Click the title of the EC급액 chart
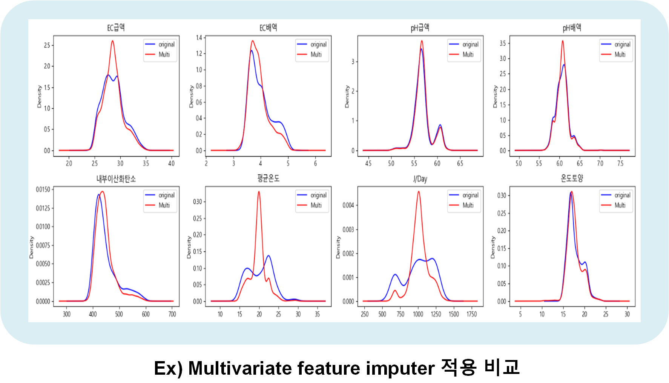point(116,28)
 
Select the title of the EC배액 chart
point(268,28)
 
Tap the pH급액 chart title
point(420,28)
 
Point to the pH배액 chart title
point(572,28)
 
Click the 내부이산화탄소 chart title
point(116,179)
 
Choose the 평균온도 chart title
point(268,178)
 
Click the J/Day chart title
point(420,179)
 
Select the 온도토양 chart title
point(572,178)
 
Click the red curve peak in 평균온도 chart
point(259,192)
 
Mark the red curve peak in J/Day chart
point(419,192)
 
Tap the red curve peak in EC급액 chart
point(112,41)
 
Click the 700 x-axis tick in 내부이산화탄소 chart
point(172,314)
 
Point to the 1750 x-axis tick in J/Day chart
point(471,314)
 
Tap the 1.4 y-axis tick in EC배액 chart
point(199,38)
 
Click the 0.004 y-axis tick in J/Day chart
point(348,205)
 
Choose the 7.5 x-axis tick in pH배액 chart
point(620,163)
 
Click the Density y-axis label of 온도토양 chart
point(493,248)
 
